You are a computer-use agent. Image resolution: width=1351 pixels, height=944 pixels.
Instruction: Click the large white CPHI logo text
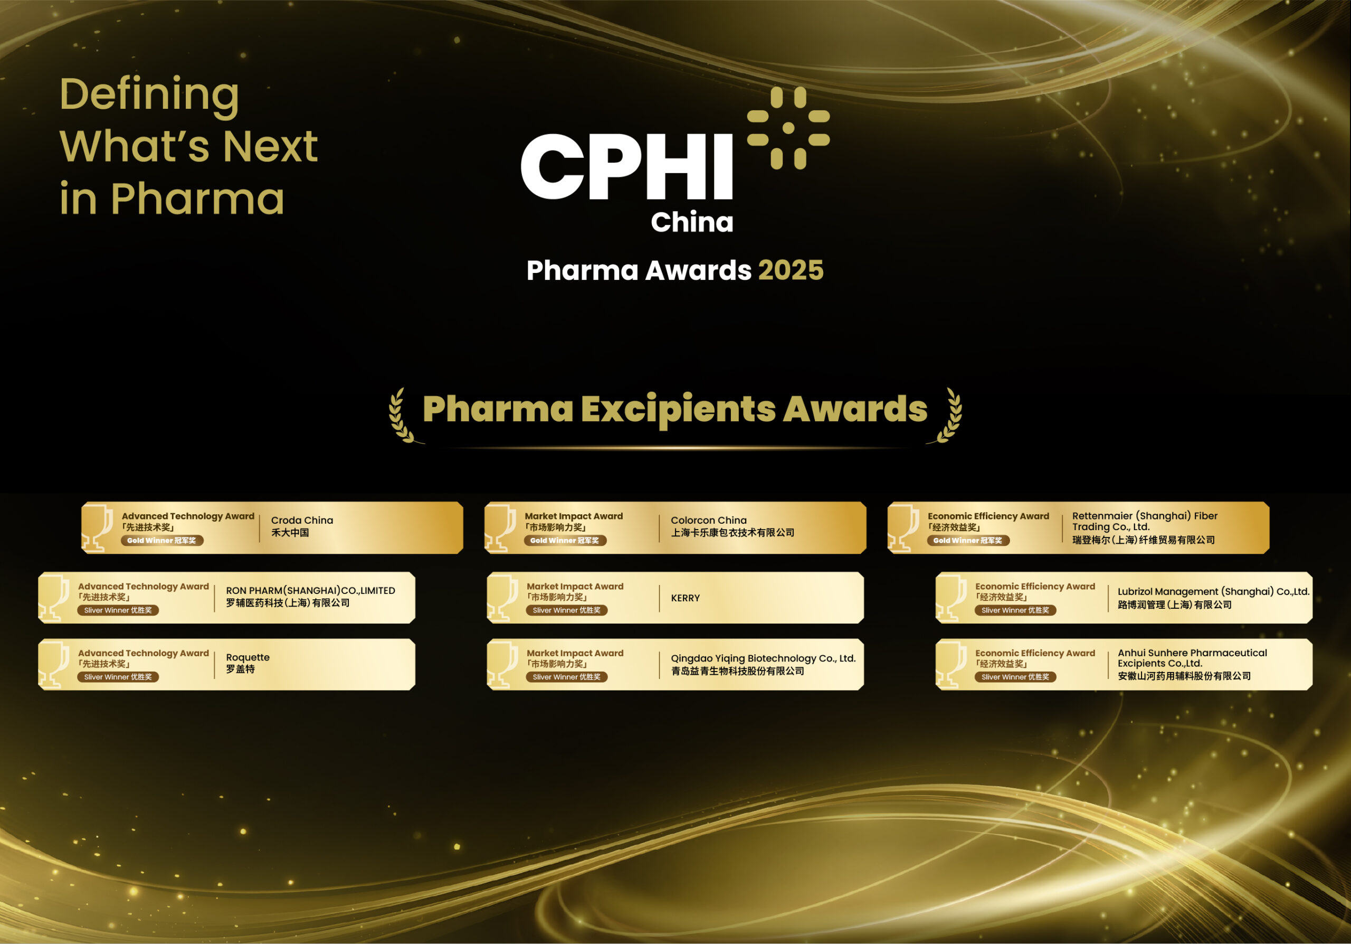(x=626, y=166)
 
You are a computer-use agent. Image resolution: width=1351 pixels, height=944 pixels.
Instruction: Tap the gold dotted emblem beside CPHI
(x=788, y=128)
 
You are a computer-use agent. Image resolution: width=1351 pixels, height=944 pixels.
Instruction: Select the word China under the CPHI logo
(x=691, y=222)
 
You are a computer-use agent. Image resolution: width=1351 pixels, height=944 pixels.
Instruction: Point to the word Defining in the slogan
(x=149, y=94)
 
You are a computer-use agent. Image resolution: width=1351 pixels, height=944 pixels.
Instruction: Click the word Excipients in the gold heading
(x=679, y=409)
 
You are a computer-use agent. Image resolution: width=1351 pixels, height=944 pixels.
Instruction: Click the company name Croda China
(x=302, y=520)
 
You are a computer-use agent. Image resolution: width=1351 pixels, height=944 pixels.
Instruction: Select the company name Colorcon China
(x=708, y=520)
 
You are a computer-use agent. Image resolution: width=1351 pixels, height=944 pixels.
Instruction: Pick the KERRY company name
(x=685, y=598)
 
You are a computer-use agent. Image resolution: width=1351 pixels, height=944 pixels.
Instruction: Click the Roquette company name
(x=248, y=657)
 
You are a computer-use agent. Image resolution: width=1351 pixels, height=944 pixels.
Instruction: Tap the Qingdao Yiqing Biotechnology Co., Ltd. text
(x=763, y=658)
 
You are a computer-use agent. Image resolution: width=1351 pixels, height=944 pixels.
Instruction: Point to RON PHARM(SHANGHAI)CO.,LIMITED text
(x=310, y=590)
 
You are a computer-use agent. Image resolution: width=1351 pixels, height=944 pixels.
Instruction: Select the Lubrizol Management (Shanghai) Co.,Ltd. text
(x=1213, y=591)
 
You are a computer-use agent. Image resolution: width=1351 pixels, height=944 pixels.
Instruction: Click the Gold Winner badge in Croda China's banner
(x=162, y=540)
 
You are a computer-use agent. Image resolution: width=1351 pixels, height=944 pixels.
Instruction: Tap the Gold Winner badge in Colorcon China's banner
(x=565, y=540)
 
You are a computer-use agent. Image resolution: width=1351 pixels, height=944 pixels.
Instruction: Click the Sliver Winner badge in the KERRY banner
(x=566, y=610)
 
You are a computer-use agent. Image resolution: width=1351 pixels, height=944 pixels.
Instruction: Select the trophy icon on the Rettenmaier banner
(x=902, y=528)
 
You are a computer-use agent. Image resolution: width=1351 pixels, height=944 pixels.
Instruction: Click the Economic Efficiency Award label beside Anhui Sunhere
(x=1035, y=653)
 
